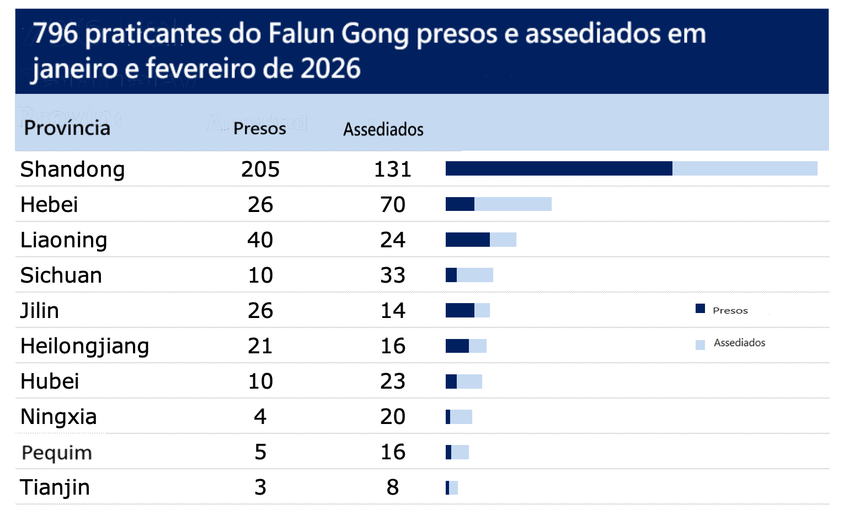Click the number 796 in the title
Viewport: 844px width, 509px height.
[55, 33]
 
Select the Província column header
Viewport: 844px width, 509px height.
[67, 128]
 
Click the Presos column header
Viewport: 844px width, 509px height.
[259, 129]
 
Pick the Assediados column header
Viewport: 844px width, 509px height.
[383, 129]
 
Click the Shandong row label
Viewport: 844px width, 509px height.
[72, 169]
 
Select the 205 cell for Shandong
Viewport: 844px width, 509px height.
[260, 169]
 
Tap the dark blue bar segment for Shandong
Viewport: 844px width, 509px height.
[558, 168]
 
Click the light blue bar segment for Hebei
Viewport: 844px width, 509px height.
[512, 204]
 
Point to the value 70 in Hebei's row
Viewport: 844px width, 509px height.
[393, 205]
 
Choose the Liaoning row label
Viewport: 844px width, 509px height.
[63, 240]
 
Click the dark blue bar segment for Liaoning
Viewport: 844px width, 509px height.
[467, 240]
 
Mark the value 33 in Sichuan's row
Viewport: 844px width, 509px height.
[393, 275]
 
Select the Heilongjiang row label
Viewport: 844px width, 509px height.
[84, 346]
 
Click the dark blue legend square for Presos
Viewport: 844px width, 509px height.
[700, 309]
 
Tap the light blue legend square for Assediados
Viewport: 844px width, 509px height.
[700, 345]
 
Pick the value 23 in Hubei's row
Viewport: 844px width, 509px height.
[393, 381]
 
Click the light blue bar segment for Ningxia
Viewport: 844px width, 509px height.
[461, 417]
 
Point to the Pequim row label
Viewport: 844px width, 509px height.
[56, 453]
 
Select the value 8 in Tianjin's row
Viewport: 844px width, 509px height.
[393, 487]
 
